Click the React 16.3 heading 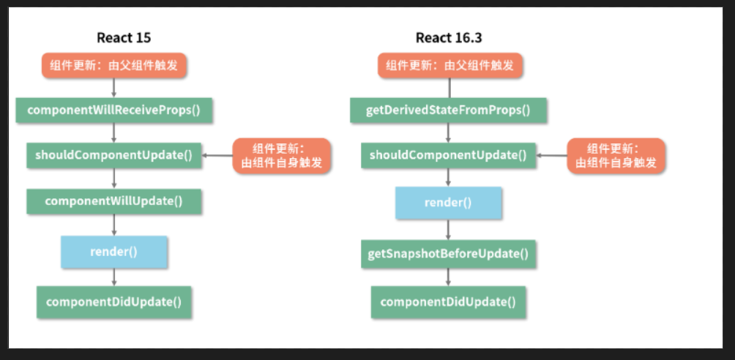point(448,37)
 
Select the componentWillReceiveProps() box point(114,110)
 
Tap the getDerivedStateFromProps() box point(448,110)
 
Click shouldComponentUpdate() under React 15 point(114,155)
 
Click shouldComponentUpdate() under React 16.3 point(448,155)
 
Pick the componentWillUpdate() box point(114,200)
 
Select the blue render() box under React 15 point(114,252)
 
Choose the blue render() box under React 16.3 point(448,202)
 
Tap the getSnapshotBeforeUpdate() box point(448,255)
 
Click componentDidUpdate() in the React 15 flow point(114,301)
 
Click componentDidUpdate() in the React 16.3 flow point(448,301)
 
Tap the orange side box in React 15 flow point(282,155)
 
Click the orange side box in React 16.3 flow point(616,155)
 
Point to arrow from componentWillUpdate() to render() point(114,225)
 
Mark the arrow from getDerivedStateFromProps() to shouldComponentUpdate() point(448,132)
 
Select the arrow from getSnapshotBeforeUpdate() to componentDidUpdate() point(448,277)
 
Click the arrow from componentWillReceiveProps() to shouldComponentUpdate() point(114,132)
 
